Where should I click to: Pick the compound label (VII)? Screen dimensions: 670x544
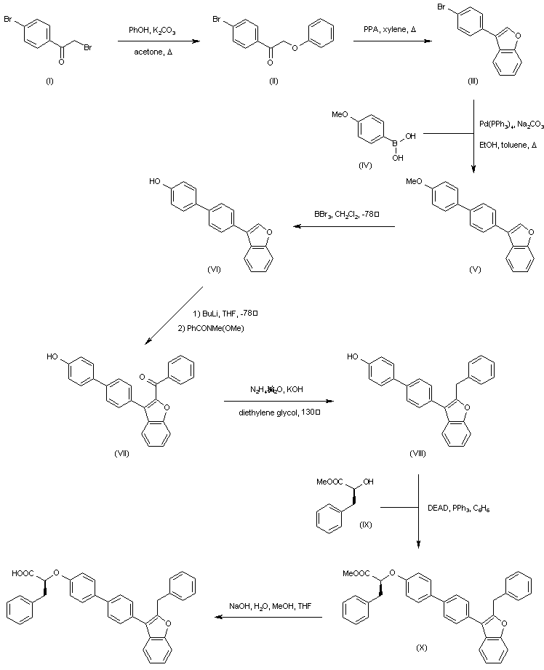click(x=121, y=453)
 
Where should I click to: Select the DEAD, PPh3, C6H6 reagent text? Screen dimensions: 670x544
click(x=458, y=510)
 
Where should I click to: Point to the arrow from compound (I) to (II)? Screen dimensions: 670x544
click(x=153, y=41)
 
